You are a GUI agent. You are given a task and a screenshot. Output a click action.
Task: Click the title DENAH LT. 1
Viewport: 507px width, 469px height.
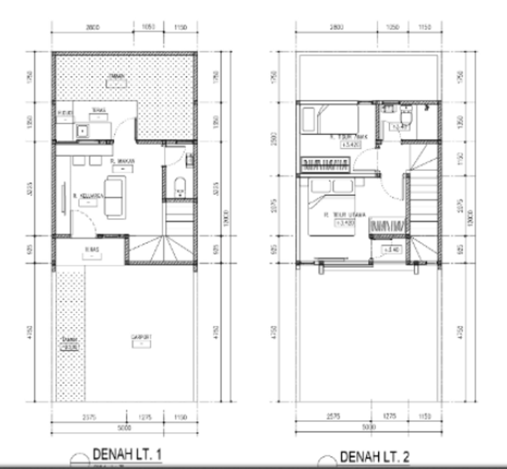click(127, 455)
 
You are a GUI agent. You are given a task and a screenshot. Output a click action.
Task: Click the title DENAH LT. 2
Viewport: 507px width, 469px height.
click(374, 457)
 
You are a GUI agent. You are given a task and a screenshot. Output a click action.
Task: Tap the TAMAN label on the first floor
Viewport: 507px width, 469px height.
click(117, 76)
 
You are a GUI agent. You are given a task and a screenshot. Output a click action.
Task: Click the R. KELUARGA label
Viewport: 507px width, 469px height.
click(88, 196)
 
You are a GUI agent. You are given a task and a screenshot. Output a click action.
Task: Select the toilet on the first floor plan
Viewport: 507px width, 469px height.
click(180, 187)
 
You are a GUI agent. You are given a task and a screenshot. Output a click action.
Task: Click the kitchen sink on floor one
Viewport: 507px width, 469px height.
click(82, 131)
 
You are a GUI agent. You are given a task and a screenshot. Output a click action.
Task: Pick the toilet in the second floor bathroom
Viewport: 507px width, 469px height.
click(406, 118)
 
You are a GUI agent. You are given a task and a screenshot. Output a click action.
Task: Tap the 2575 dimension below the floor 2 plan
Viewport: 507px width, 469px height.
click(334, 417)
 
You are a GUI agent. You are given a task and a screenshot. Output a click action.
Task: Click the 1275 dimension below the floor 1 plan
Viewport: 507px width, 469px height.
click(145, 417)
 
